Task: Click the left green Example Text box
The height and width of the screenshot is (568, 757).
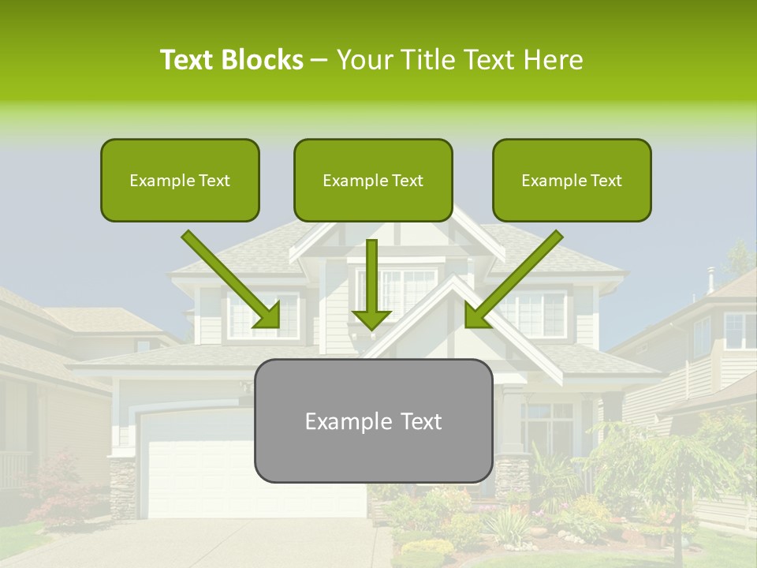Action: point(180,180)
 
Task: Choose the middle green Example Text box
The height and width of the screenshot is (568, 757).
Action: point(373,180)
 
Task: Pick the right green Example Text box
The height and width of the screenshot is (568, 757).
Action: point(572,180)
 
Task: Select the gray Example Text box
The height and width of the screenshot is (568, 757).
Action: point(373,420)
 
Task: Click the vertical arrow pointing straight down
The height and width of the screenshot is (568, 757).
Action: point(372,284)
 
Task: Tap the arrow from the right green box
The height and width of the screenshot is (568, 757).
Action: point(513,280)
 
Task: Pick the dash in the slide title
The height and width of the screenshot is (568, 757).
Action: point(319,60)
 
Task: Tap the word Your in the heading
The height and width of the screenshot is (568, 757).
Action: point(363,60)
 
